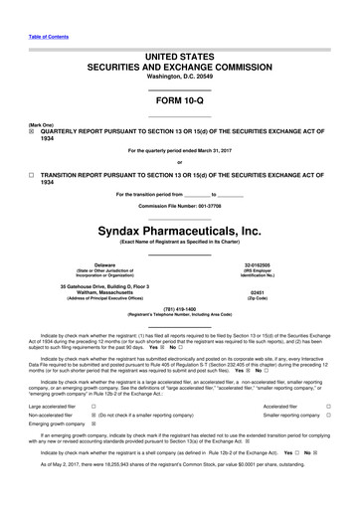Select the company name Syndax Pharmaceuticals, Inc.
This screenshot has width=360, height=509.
coord(179,231)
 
